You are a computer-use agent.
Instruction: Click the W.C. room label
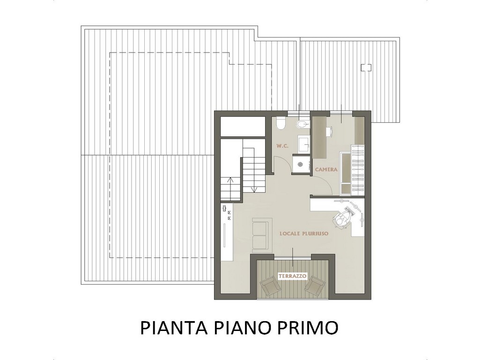282,146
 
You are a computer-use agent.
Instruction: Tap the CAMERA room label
326,169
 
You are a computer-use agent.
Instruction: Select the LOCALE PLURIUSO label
303,233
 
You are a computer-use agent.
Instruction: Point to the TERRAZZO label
292,276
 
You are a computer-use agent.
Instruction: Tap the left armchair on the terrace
271,286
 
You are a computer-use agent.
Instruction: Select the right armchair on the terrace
314,286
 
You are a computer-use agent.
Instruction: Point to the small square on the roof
366,67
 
